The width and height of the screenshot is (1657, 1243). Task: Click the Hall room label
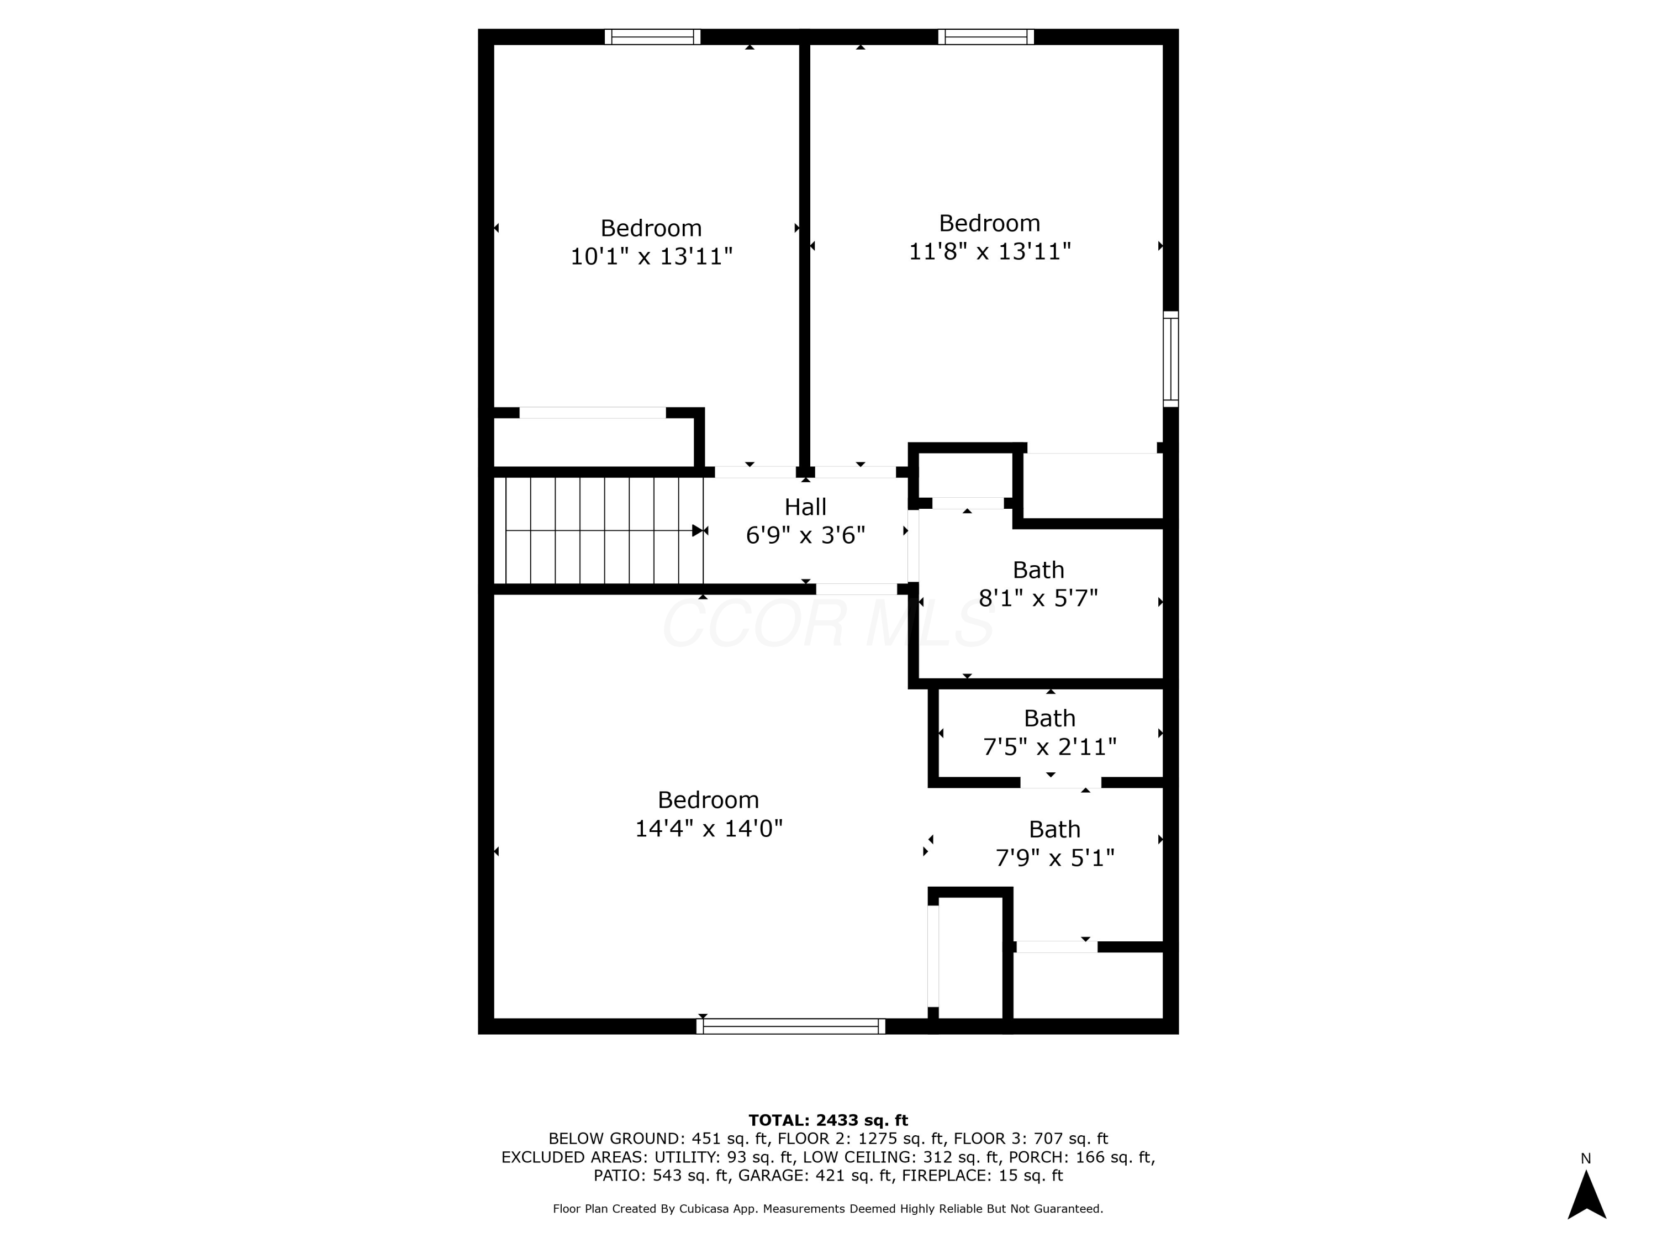[805, 507]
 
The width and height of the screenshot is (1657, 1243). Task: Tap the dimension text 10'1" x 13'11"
[651, 257]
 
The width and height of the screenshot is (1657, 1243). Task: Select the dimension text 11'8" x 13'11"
[990, 252]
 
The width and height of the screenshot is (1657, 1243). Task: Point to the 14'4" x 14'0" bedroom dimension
[709, 829]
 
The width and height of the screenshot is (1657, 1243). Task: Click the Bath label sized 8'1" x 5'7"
[1038, 570]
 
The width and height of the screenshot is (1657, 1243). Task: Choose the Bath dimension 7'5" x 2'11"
[1049, 747]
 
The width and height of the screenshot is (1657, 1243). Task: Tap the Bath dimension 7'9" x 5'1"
[1055, 858]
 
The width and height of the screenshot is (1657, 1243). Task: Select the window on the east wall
[1170, 360]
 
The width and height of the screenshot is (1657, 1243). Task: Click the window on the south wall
[790, 1026]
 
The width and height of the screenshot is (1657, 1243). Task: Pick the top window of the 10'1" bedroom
[652, 36]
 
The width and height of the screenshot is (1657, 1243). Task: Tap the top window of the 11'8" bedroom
[986, 36]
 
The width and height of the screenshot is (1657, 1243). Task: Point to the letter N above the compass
[1586, 1159]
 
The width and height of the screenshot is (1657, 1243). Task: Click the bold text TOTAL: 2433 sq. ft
[828, 1120]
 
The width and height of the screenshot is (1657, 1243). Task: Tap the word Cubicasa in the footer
[704, 1209]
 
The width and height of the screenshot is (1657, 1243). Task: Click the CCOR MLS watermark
[828, 624]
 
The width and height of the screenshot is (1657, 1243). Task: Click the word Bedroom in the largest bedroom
[709, 800]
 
